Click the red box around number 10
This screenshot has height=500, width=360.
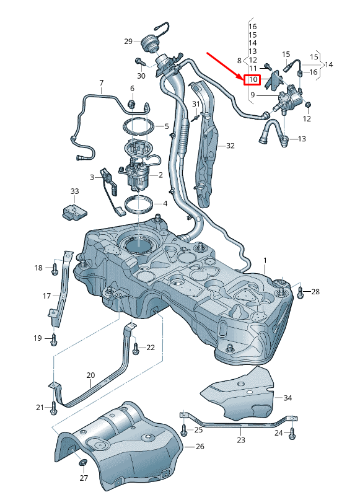click(x=252, y=80)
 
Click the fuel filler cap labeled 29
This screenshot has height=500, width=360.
click(x=150, y=45)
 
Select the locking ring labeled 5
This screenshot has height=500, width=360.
click(x=139, y=126)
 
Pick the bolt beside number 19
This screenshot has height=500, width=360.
click(x=54, y=339)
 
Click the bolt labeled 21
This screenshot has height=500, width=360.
click(x=54, y=407)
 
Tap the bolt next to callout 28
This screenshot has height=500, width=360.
click(x=301, y=292)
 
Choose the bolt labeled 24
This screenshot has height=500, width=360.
click(x=292, y=434)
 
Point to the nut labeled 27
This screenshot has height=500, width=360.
click(x=82, y=463)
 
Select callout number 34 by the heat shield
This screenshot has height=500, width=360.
click(x=287, y=397)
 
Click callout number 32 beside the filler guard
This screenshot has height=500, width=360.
click(x=230, y=146)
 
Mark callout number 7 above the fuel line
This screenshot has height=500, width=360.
click(x=101, y=82)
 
